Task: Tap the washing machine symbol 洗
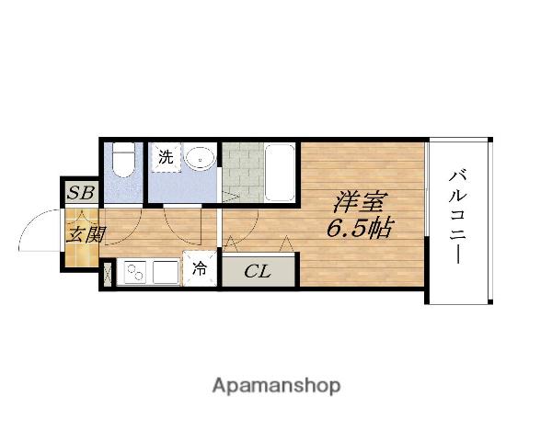click(165, 157)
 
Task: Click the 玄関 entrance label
click(83, 235)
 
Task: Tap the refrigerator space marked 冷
click(200, 269)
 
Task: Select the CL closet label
click(258, 271)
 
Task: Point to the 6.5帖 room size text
click(357, 229)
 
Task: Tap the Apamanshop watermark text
click(275, 385)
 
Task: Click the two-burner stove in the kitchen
click(134, 273)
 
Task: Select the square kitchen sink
click(166, 273)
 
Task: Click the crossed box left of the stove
click(108, 273)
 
